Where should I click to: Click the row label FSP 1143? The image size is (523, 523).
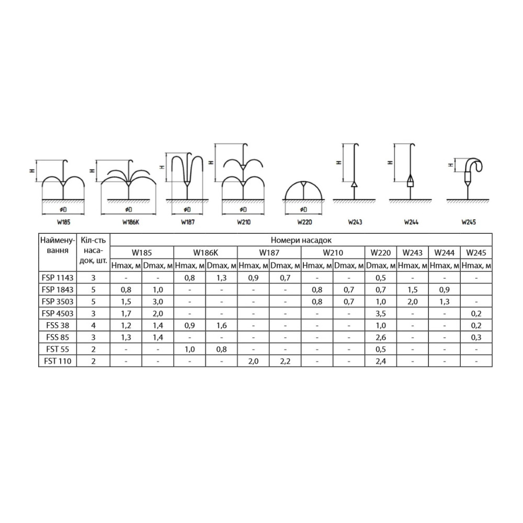click(58, 278)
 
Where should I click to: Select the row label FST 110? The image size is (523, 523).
click(58, 361)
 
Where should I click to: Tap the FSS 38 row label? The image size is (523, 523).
click(58, 325)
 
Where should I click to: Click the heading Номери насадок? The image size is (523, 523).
click(301, 240)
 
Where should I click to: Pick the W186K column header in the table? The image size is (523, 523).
click(206, 253)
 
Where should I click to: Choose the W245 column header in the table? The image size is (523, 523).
click(476, 253)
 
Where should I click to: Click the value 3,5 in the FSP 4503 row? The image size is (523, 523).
click(381, 313)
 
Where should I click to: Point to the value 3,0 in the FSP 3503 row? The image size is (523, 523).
click(158, 302)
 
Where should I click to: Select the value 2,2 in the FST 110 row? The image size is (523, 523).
click(285, 361)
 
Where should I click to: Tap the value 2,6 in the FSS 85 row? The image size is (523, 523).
click(381, 337)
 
